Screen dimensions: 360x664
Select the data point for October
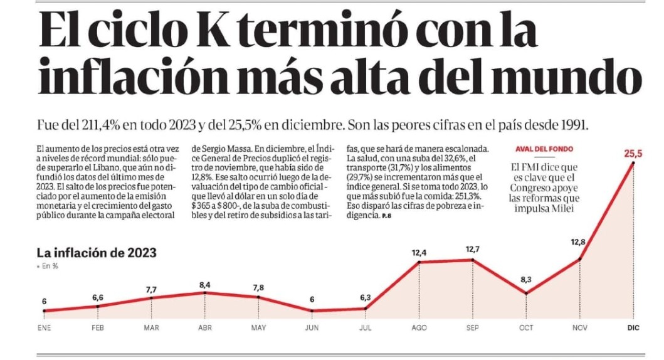pos(526,293)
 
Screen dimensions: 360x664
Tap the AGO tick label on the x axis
pos(419,327)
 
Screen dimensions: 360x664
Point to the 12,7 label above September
pos(472,250)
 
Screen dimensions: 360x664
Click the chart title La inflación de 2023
pos(97,253)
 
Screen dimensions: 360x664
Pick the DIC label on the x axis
pos(633,327)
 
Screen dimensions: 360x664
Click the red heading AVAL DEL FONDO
pos(544,149)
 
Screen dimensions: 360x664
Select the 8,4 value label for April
pos(205,285)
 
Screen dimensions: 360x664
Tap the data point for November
pos(580,258)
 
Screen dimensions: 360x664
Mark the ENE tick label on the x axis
pos(44,327)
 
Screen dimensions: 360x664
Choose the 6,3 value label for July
pos(366,298)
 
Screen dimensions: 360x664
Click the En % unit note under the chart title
pos(48,267)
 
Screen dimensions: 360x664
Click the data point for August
pos(419,262)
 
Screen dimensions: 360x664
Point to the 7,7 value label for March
pos(151,289)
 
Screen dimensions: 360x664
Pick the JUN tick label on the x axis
pos(312,327)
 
